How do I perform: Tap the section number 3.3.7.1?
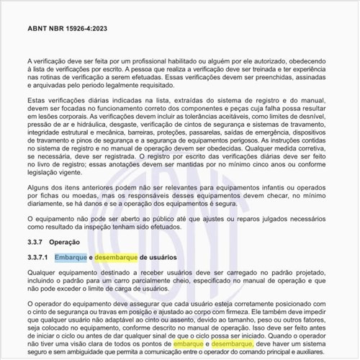tap(37, 256)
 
